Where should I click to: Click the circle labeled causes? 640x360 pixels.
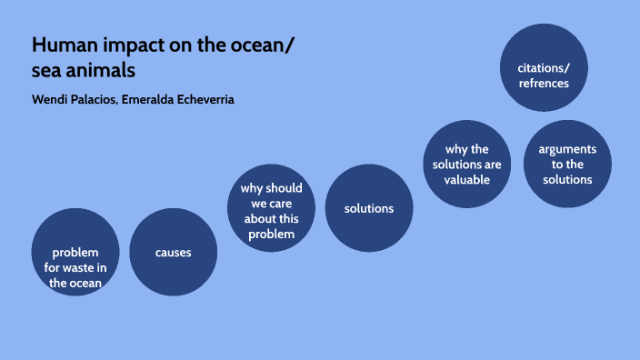pyautogui.click(x=173, y=252)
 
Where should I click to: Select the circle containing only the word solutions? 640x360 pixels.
pyautogui.click(x=368, y=208)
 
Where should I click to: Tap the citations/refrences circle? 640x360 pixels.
pyautogui.click(x=544, y=67)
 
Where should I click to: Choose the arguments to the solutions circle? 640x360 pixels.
pyautogui.click(x=567, y=164)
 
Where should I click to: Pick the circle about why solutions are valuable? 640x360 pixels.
pyautogui.click(x=467, y=164)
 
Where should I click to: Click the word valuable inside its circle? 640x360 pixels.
pyautogui.click(x=467, y=179)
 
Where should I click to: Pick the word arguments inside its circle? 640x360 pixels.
pyautogui.click(x=567, y=148)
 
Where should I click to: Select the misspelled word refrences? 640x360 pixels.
pyautogui.click(x=544, y=83)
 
